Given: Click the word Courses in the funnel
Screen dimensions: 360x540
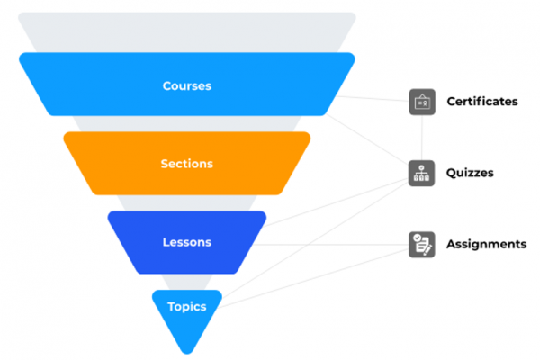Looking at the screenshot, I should [186, 86].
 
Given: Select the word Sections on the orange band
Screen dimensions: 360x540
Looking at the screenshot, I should [186, 164].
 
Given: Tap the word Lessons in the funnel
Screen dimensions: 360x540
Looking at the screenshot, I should [186, 242].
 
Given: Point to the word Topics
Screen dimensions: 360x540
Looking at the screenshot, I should [186, 307].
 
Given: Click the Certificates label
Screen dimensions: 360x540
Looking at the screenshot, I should [482, 102].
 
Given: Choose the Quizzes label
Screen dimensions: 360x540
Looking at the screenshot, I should [470, 172].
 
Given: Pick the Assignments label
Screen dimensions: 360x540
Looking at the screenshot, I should [486, 244].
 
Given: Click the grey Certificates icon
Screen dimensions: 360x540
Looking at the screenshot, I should [421, 102].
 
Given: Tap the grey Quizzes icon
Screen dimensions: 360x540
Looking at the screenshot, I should [421, 172].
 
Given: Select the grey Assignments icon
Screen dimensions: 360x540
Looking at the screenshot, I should [421, 244].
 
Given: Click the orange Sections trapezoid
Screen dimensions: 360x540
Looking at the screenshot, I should [108, 164].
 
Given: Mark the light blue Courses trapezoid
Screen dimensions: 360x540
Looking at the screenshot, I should [81, 86].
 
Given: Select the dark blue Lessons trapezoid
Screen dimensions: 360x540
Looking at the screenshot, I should [135, 242].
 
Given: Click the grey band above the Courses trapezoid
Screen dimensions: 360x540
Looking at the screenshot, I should [186, 31].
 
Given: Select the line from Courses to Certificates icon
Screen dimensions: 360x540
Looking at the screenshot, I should [378, 96].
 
